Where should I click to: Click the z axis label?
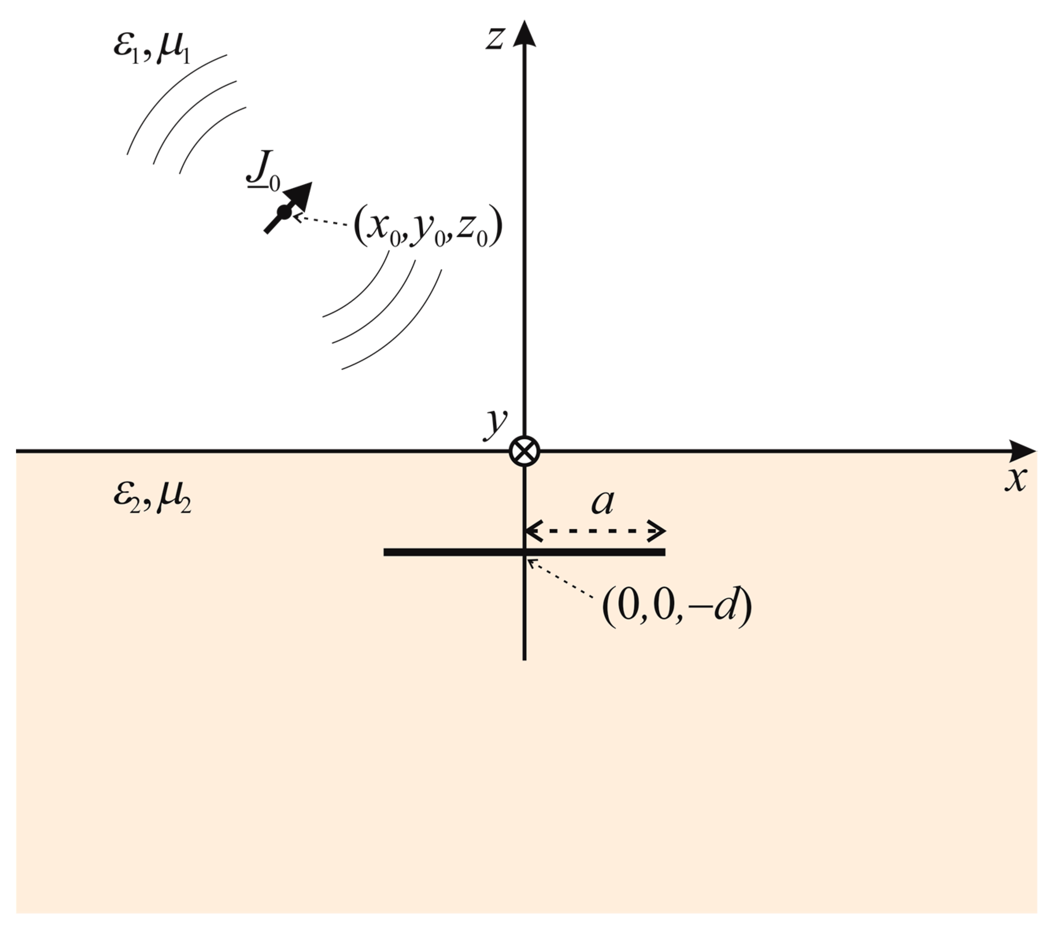[x=495, y=38]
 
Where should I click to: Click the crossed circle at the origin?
[x=524, y=452]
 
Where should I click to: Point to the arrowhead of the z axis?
[x=524, y=33]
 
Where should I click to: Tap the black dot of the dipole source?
[x=284, y=211]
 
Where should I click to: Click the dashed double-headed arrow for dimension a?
[x=595, y=531]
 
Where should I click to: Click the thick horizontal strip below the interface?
[x=453, y=552]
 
